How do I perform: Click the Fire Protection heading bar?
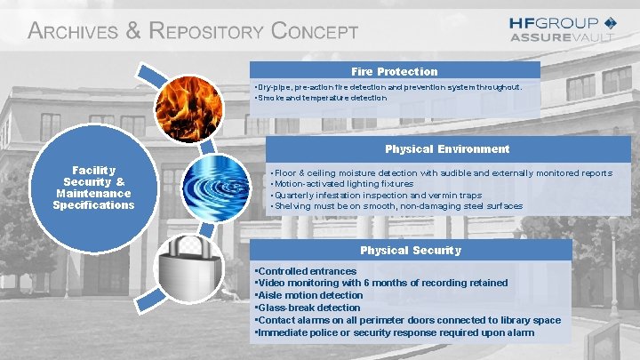(x=395, y=71)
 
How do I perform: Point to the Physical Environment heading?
(x=447, y=148)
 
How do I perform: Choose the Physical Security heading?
(x=410, y=250)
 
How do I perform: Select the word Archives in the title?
(x=73, y=32)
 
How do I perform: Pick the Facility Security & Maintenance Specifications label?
(x=93, y=187)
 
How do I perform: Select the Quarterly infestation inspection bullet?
(x=379, y=195)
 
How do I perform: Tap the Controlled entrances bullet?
(x=306, y=271)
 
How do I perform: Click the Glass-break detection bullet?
(x=308, y=308)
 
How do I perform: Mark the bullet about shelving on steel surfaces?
(x=396, y=206)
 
